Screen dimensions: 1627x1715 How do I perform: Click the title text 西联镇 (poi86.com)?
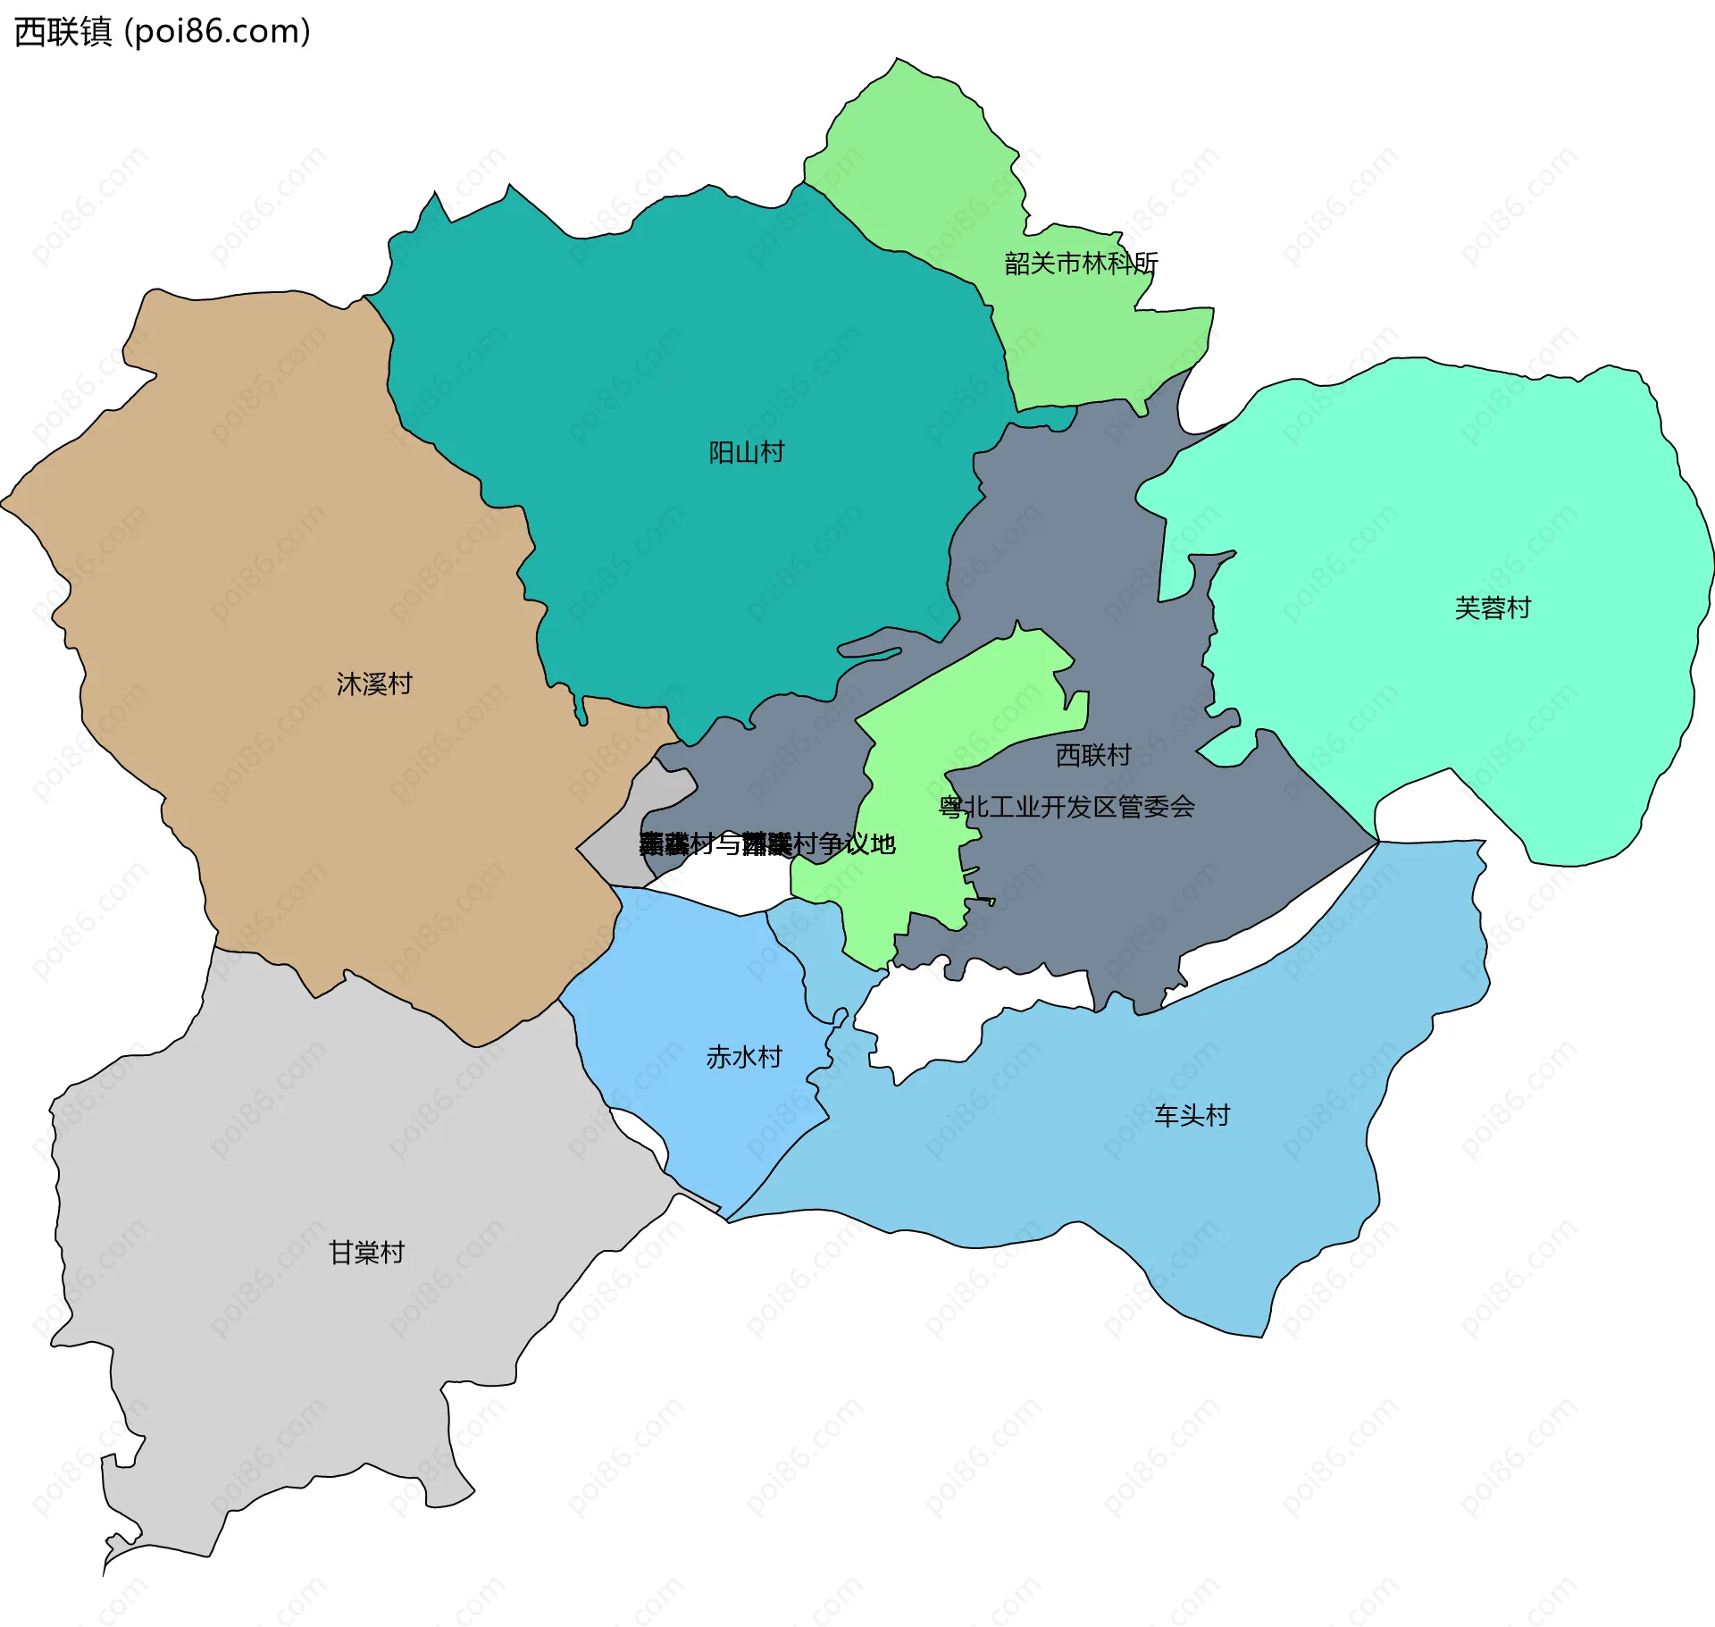pyautogui.click(x=163, y=31)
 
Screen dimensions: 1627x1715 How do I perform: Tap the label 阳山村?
pyautogui.click(x=746, y=453)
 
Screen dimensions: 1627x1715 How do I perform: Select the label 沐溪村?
pyautogui.click(x=374, y=684)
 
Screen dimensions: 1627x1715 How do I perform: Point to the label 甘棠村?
pyautogui.click(x=366, y=1253)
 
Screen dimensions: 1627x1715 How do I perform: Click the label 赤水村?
pyautogui.click(x=744, y=1057)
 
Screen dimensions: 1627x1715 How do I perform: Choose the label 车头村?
pyautogui.click(x=1192, y=1115)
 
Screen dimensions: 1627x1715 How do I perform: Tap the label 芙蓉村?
pyautogui.click(x=1493, y=608)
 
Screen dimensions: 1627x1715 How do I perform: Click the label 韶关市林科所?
pyautogui.click(x=1081, y=264)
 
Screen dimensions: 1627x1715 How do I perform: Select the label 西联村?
pyautogui.click(x=1093, y=755)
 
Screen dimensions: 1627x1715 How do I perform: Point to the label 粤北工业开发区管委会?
pyautogui.click(x=1067, y=807)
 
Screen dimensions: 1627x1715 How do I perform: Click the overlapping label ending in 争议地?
pyautogui.click(x=768, y=843)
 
